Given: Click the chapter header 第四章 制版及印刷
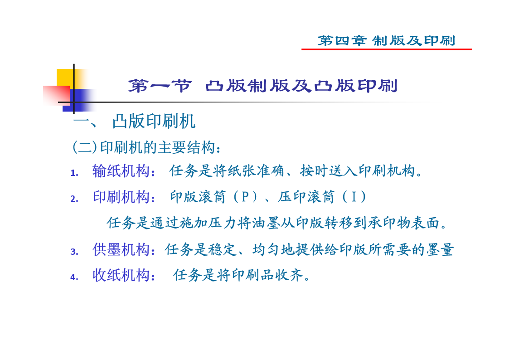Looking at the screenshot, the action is coord(386,40).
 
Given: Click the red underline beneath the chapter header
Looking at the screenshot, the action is coord(386,49).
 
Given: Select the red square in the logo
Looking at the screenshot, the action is coord(56,95).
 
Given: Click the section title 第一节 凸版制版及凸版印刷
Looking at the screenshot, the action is coord(262,86).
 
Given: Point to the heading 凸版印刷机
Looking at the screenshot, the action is coord(154,122).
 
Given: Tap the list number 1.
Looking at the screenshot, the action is coord(74,173).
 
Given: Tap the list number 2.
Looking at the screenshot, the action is coord(74,199).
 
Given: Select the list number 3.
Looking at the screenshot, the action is coord(74,252).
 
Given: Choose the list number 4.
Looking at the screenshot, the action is coord(74,277).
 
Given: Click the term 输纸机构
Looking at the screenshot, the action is coord(121,171).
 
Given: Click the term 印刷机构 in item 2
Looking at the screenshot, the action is coord(121,197).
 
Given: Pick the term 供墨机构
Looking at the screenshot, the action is coord(121,250).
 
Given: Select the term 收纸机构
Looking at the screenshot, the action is coord(121,275).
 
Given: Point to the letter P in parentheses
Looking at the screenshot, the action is coord(245,197).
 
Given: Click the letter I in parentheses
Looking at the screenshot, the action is coord(354,197).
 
